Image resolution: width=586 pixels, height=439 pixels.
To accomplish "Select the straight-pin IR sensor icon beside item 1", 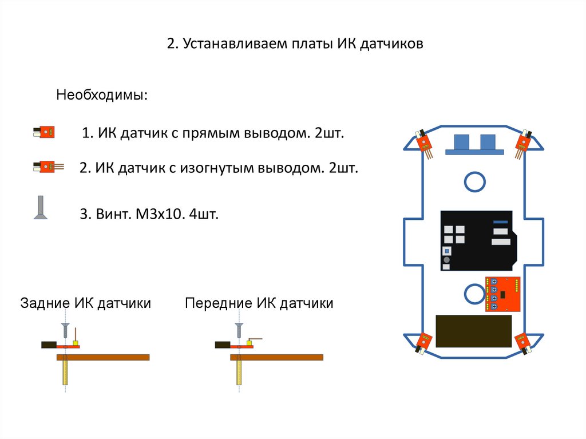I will [x=44, y=132].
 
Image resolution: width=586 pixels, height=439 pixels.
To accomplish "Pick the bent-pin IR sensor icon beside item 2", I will [x=45, y=167].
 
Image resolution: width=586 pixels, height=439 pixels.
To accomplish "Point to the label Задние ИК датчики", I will [x=86, y=303].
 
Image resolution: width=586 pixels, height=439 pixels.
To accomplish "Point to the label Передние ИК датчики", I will [x=259, y=303].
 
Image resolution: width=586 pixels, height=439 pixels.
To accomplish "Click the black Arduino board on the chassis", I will [x=478, y=240].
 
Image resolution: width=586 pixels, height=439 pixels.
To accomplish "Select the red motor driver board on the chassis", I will [x=504, y=294].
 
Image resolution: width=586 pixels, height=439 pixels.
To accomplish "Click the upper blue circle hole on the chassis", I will [x=474, y=181].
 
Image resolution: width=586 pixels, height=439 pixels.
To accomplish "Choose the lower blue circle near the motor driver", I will [x=474, y=294].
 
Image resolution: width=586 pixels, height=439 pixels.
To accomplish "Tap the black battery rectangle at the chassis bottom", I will [x=474, y=331].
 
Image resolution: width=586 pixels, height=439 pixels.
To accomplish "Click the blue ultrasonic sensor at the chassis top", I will [x=474, y=144].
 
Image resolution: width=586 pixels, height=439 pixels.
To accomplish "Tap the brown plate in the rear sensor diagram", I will [x=103, y=357].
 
